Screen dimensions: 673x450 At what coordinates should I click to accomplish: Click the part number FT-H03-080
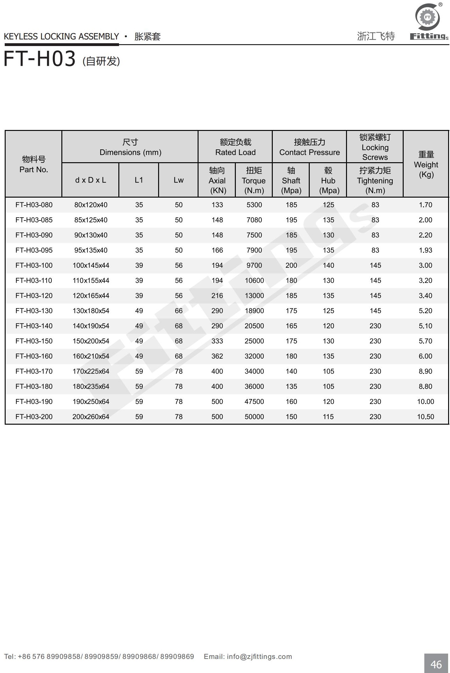(x=34, y=205)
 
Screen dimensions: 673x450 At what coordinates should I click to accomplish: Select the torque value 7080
(x=254, y=220)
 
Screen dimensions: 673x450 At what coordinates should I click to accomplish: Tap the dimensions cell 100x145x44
(x=91, y=265)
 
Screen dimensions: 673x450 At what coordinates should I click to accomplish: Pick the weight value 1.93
(x=425, y=250)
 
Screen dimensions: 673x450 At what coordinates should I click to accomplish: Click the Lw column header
(x=178, y=180)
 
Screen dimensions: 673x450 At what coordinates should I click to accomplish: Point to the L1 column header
(x=139, y=180)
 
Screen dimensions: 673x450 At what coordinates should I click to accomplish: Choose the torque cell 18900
(x=254, y=311)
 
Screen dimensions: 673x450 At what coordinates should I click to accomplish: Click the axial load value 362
(x=217, y=356)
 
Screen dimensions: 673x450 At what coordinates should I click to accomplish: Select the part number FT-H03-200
(x=34, y=417)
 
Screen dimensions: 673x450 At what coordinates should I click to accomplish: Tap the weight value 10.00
(x=425, y=401)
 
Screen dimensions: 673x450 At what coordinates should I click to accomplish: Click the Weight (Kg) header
(x=426, y=164)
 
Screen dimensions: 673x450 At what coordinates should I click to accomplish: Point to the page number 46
(x=436, y=664)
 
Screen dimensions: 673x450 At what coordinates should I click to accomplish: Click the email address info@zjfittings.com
(x=259, y=656)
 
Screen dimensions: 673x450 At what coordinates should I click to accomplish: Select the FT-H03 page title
(x=40, y=59)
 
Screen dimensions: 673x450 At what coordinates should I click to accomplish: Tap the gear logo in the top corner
(x=428, y=18)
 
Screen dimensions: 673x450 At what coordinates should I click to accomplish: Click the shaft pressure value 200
(x=291, y=265)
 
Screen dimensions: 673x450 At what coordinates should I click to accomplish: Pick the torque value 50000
(x=254, y=417)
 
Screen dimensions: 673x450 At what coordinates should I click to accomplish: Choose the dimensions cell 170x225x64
(x=91, y=371)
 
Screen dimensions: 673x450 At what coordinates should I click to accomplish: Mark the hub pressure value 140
(x=328, y=265)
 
